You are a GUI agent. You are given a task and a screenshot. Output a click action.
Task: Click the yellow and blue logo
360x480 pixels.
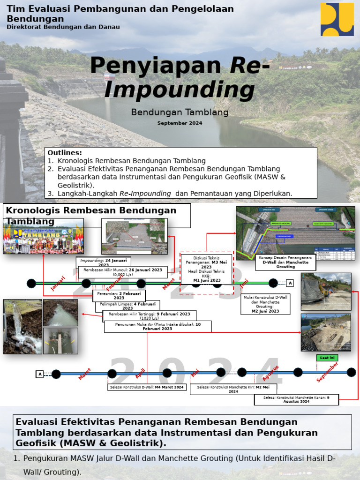pyautogui.click(x=337, y=19)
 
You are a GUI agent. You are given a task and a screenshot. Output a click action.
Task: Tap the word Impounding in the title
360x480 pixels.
pyautogui.click(x=180, y=90)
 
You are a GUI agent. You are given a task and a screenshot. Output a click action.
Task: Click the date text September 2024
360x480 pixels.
pyautogui.click(x=180, y=123)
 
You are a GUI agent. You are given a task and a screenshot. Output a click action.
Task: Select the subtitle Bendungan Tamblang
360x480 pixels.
pyautogui.click(x=180, y=112)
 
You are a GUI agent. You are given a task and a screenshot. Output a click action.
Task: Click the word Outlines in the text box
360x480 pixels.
pyautogui.click(x=65, y=153)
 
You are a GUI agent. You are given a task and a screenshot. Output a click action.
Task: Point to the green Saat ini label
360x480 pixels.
pyautogui.click(x=327, y=358)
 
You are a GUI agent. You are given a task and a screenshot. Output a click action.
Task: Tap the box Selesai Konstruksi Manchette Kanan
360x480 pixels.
pyautogui.click(x=296, y=399)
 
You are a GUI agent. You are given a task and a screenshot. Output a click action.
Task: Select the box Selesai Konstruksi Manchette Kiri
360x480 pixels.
pyautogui.click(x=233, y=389)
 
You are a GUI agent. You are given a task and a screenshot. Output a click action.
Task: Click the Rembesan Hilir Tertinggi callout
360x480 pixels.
pyautogui.click(x=149, y=316)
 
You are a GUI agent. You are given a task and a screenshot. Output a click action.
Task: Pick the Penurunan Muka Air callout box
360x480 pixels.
pyautogui.click(x=157, y=326)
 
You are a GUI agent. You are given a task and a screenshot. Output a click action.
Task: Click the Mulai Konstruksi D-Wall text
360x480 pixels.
pyautogui.click(x=265, y=304)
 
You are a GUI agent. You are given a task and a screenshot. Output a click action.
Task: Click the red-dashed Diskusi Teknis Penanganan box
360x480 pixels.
pyautogui.click(x=206, y=272)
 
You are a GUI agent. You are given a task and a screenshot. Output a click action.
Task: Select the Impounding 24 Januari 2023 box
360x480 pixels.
pyautogui.click(x=104, y=262)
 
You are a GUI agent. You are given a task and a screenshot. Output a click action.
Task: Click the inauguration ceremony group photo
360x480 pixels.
pyautogui.click(x=43, y=236)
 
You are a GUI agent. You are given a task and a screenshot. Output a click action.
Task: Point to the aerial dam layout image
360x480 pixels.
pyautogui.click(x=295, y=233)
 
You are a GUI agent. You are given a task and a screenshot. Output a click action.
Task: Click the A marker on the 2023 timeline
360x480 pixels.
pyautogui.click(x=290, y=283)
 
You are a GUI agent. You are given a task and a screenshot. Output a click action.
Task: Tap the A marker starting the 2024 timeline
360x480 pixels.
pyautogui.click(x=40, y=374)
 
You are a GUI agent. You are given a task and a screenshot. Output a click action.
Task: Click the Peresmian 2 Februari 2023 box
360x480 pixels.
pyautogui.click(x=119, y=295)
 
